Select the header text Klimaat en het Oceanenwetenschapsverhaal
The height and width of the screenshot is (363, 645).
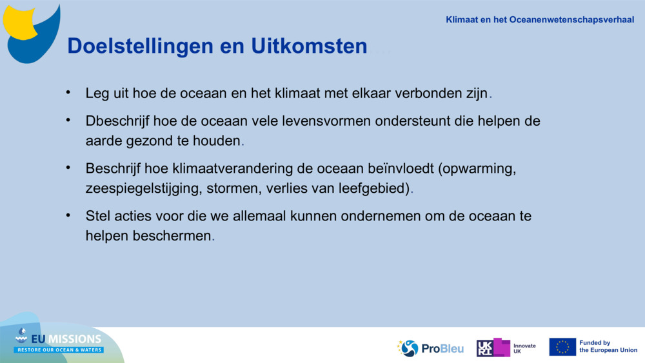539,20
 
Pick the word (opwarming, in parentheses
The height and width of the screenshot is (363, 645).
477,169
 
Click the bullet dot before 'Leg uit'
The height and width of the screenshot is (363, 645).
68,92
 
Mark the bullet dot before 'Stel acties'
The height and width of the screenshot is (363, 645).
68,215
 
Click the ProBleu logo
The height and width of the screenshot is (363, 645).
430,348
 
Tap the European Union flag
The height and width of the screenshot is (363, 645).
562,347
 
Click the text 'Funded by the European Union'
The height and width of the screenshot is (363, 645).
607,347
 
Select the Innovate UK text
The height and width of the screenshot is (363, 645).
524,348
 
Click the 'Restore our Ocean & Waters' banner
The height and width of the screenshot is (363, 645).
59,349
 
